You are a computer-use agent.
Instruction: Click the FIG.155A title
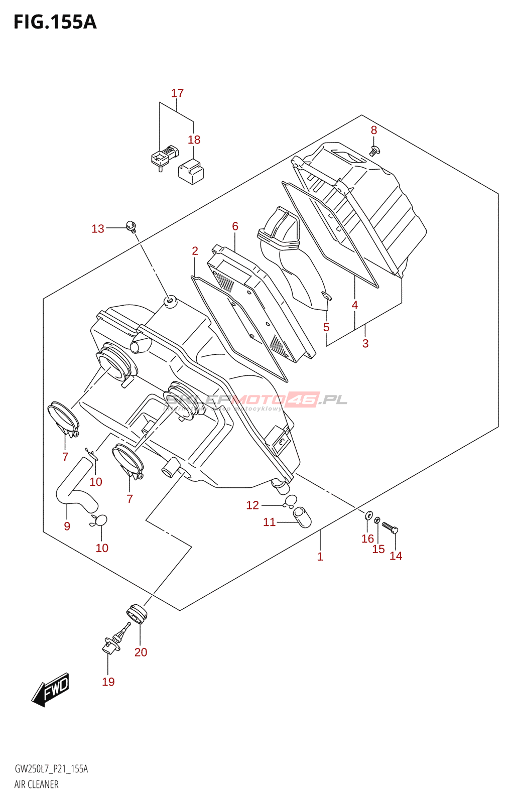point(55,23)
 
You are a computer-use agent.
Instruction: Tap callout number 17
point(177,93)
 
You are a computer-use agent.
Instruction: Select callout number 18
point(194,140)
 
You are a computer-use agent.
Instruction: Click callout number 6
point(235,226)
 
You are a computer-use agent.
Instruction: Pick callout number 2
point(195,251)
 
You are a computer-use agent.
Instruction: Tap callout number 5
point(326,327)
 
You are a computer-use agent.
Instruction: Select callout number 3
point(365,344)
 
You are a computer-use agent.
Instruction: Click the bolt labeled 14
point(390,528)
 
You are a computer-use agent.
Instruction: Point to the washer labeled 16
point(369,515)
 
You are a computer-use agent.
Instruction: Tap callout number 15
point(378,550)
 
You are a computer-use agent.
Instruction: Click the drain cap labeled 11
point(302,517)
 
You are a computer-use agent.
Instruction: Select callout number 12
point(252,505)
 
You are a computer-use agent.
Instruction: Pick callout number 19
point(108,682)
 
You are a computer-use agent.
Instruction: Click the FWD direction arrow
point(51,690)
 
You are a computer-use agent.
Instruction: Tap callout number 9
point(67,526)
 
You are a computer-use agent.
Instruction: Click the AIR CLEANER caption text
point(36,784)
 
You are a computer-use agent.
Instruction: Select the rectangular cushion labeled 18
point(191,170)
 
